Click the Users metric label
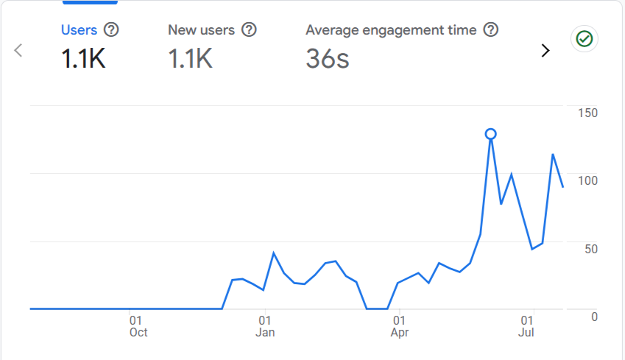(x=79, y=30)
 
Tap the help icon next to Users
(x=111, y=30)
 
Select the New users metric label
(x=201, y=30)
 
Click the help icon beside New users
(x=250, y=30)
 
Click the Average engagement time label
(x=391, y=30)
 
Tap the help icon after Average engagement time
(x=491, y=30)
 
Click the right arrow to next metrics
(x=545, y=50)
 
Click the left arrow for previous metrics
(x=19, y=50)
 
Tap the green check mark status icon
(x=585, y=39)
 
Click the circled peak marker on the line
(x=490, y=134)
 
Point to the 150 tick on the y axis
(x=587, y=113)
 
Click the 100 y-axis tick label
(x=587, y=180)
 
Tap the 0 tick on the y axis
(x=594, y=317)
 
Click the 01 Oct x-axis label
(x=138, y=326)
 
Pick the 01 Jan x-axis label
(x=265, y=326)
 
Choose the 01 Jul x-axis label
(x=526, y=326)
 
